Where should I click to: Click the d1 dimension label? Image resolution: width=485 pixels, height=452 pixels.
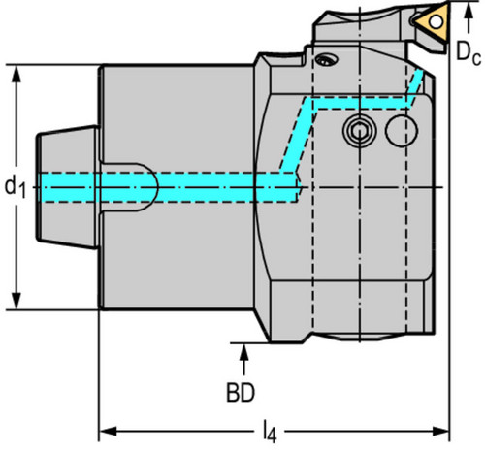(15, 187)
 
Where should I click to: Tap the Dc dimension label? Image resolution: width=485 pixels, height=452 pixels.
(469, 52)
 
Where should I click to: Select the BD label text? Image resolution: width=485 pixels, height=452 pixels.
(241, 393)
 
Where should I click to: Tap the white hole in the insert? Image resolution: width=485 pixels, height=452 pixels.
(436, 22)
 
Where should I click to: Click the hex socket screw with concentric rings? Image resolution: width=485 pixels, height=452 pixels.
(359, 131)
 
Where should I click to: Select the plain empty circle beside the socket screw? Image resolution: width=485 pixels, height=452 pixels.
(402, 131)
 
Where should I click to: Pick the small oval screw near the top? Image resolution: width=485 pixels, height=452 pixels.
(327, 60)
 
